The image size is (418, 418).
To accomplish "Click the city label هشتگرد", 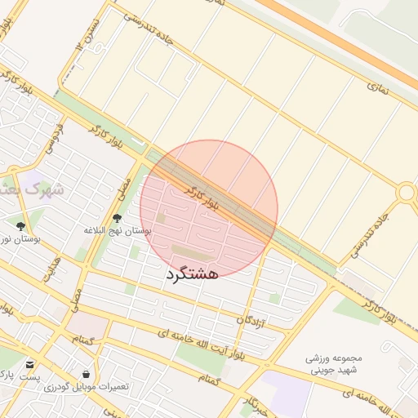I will tap(193, 273).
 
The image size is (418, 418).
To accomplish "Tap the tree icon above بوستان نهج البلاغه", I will tap(118, 218).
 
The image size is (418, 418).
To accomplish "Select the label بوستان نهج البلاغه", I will tap(118, 231).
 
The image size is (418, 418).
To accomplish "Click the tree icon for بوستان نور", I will tap(20, 225).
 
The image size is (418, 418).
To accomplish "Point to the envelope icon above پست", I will tap(30, 364).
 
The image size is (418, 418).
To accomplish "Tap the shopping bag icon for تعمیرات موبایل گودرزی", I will tap(86, 374).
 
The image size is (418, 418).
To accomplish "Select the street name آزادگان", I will tap(251, 319).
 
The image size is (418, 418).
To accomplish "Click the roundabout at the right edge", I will tap(406, 193).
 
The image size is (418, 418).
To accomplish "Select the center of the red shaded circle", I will tap(208, 209).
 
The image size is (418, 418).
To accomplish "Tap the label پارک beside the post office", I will tap(7, 375).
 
